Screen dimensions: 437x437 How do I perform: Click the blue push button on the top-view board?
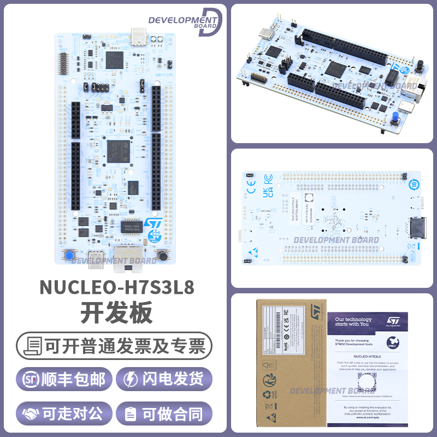pos(70,255)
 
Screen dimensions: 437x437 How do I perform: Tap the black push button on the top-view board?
pos(162,255)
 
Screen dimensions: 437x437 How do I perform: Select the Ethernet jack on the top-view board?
pos(126,258)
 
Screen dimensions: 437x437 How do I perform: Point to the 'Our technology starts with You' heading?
pos(353,322)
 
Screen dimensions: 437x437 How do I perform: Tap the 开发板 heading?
pos(116,314)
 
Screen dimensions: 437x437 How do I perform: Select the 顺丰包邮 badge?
pos(64,379)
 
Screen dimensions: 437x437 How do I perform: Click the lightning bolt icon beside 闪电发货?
pos(131,379)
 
